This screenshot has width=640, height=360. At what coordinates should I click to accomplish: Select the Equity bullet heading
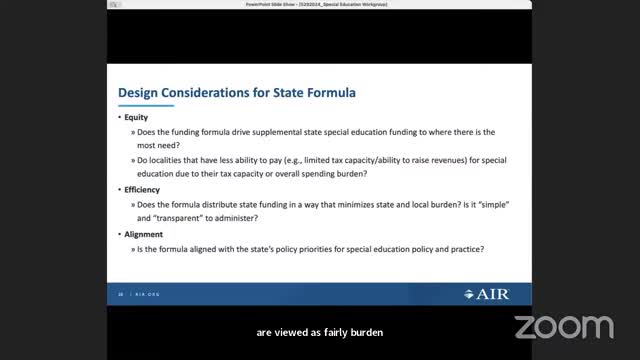tap(137, 117)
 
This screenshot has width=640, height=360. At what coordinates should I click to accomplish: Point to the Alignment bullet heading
tap(144, 234)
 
